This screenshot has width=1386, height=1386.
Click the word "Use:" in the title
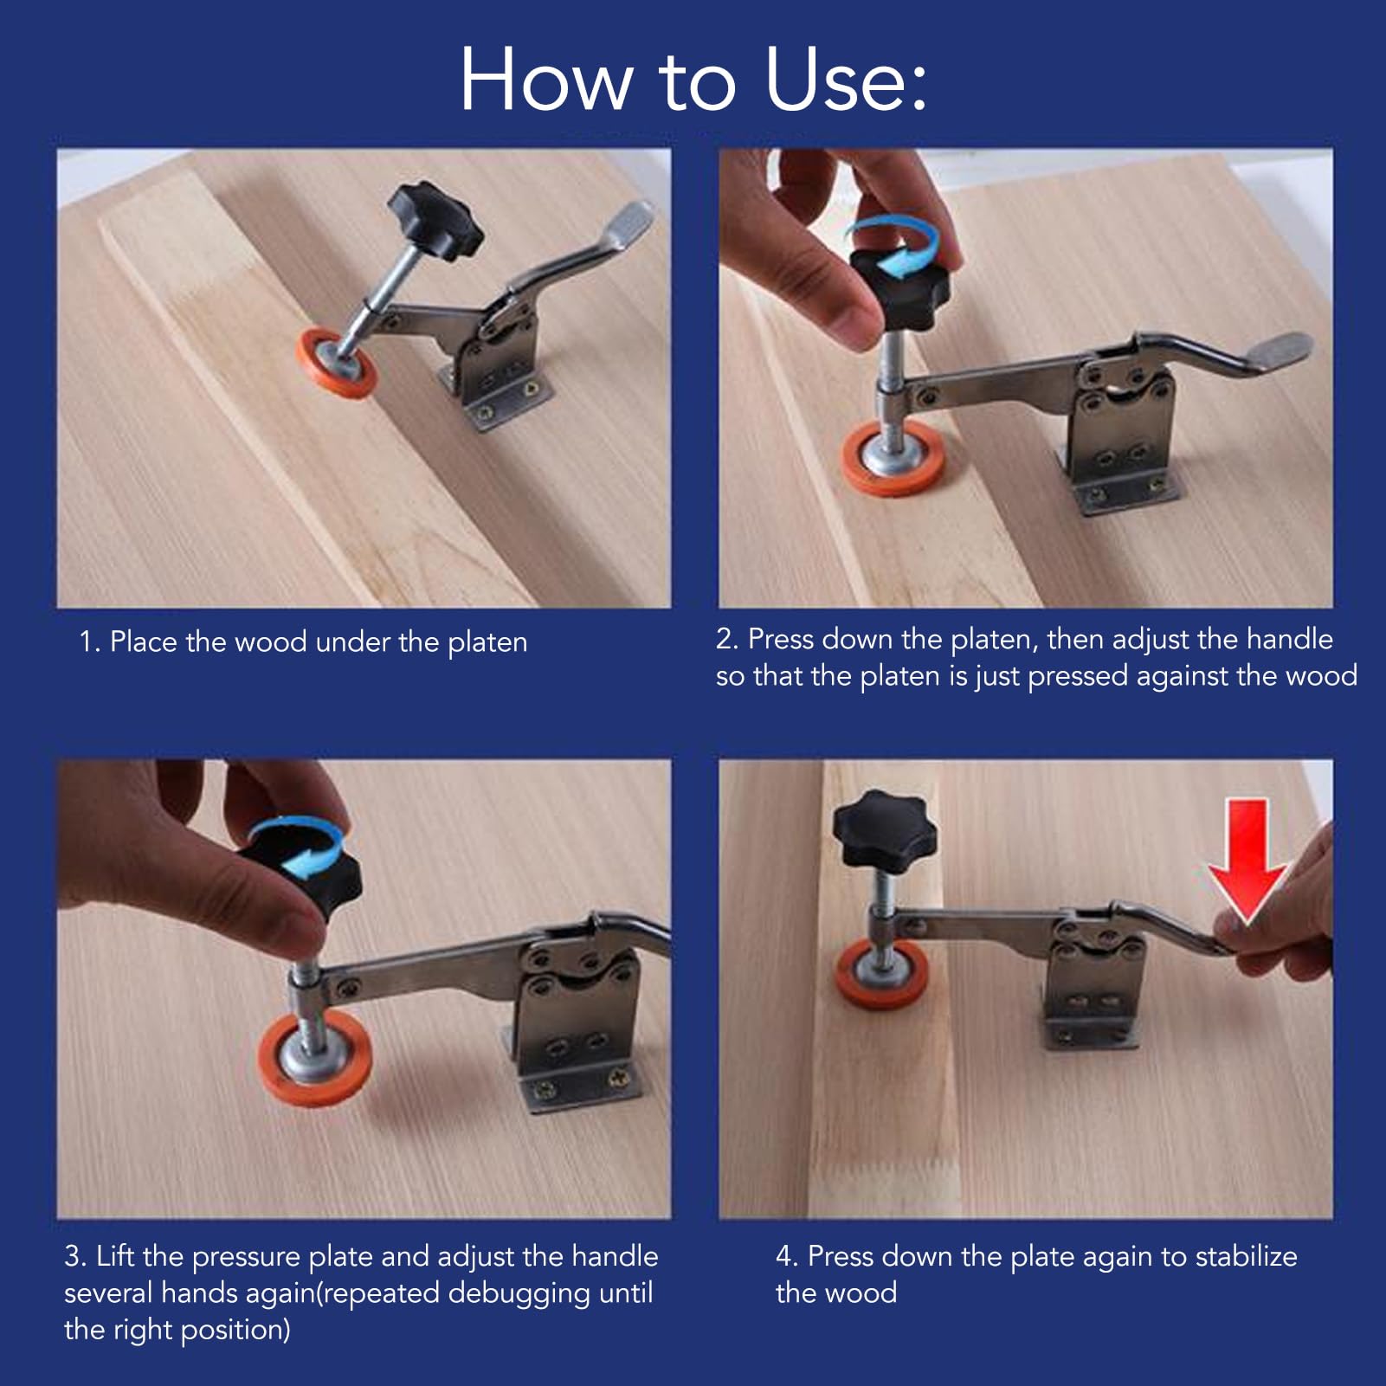click(846, 81)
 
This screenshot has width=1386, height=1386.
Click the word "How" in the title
click(545, 81)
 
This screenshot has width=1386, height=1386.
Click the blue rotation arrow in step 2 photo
click(892, 247)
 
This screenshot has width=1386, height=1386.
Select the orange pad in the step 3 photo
click(315, 1058)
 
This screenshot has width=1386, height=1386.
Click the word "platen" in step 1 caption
click(487, 643)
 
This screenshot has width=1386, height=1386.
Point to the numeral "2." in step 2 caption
click(726, 639)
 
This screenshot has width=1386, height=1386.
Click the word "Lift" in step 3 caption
click(114, 1256)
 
